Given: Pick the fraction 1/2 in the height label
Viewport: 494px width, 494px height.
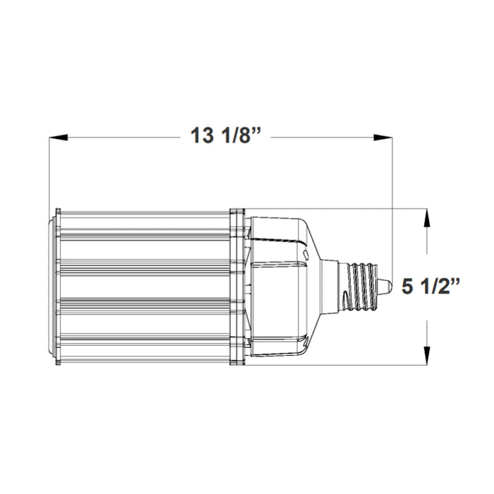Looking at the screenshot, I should pos(444,287).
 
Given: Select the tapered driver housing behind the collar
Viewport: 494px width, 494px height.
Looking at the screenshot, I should pos(282,287).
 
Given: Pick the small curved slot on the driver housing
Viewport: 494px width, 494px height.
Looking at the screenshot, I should pos(304,251).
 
